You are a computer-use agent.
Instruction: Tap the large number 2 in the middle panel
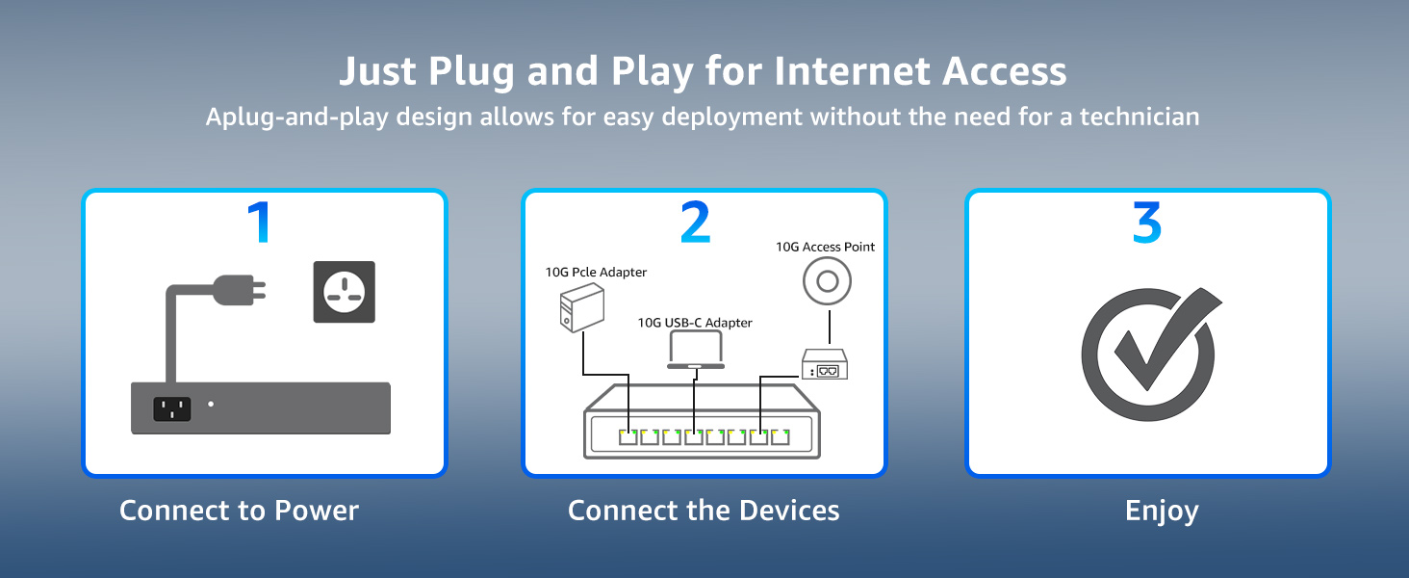(x=695, y=223)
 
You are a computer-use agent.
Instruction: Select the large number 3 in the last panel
(x=1146, y=223)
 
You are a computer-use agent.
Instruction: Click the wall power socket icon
(x=344, y=292)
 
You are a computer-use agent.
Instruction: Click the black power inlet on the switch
(x=172, y=409)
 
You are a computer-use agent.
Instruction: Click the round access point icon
(x=825, y=282)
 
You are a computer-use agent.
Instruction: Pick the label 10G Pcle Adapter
(x=596, y=273)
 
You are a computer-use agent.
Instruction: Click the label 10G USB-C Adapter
(x=695, y=323)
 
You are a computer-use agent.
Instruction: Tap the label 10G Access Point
(x=825, y=247)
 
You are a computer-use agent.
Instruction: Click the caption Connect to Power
(x=239, y=511)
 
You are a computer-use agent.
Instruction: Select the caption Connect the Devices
(x=704, y=511)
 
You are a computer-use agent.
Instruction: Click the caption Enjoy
(x=1162, y=511)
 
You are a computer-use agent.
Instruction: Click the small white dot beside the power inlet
(x=211, y=406)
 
